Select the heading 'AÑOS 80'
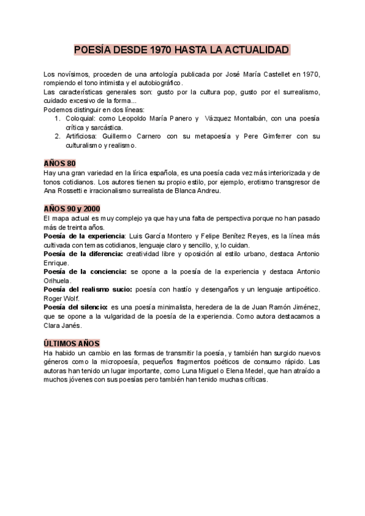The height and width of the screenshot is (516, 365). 60,163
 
